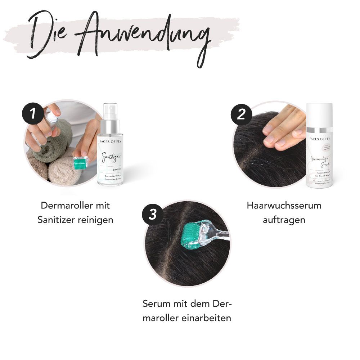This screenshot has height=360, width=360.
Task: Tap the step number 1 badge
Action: (x=32, y=113)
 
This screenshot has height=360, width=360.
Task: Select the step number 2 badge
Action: (x=241, y=114)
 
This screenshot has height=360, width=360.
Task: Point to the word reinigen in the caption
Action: (x=95, y=220)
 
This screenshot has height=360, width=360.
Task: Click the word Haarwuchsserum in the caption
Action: (x=284, y=206)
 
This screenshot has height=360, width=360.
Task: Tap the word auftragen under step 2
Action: (x=284, y=220)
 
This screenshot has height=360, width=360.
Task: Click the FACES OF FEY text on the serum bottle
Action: (x=319, y=138)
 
